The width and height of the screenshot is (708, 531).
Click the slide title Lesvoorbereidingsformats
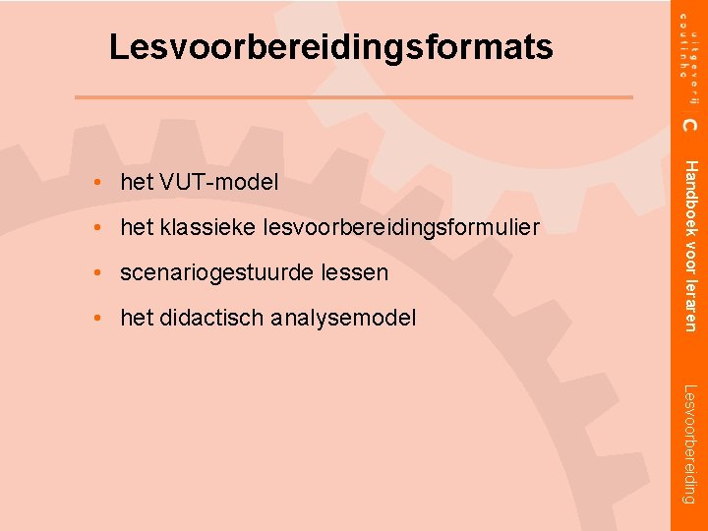click(x=331, y=46)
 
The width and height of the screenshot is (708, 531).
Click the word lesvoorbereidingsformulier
click(x=402, y=228)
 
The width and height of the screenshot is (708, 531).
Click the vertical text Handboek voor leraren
click(x=691, y=245)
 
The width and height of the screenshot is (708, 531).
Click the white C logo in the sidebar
click(x=690, y=124)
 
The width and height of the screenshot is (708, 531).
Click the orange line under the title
click(x=354, y=96)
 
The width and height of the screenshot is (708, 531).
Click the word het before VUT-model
click(x=134, y=182)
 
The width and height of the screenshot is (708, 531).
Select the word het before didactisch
click(x=134, y=318)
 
